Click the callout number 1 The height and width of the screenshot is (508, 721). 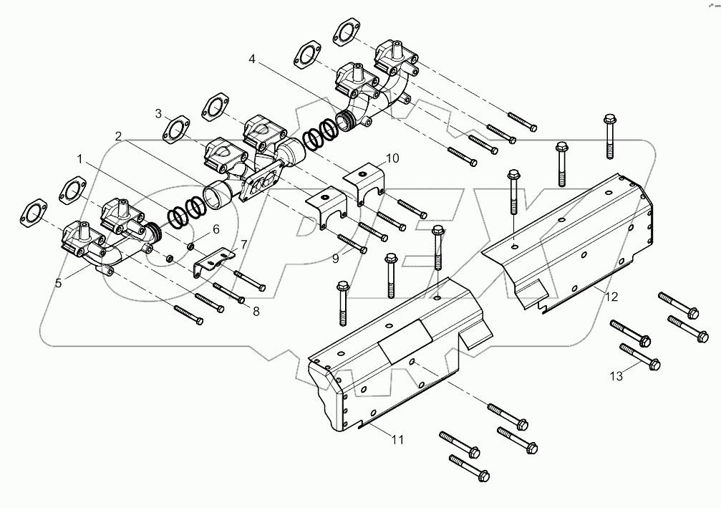point(80,157)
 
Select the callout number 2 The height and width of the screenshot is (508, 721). point(117,136)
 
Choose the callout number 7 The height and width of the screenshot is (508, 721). point(243,245)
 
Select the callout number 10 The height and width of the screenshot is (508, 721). point(392,157)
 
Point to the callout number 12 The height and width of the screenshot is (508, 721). point(610,295)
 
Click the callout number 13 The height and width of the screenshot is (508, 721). point(615,376)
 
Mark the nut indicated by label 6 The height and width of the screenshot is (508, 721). point(192,246)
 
